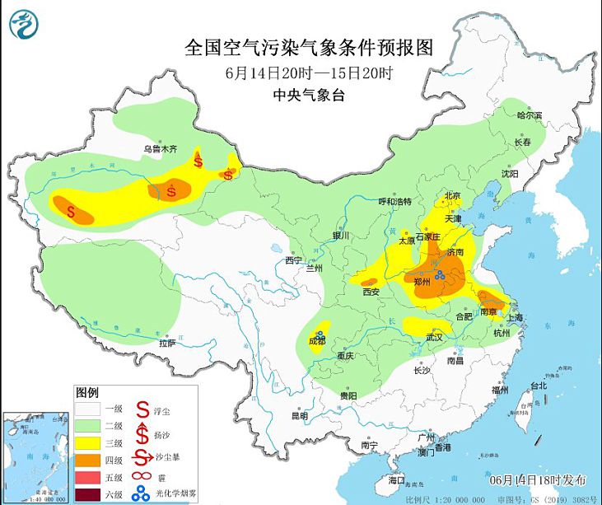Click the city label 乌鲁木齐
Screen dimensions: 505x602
[161, 149]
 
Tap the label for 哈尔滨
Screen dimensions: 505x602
[530, 116]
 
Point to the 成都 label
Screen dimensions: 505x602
[316, 340]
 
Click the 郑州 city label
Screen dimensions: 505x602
[424, 282]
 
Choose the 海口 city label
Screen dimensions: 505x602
[397, 479]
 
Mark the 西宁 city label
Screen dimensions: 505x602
[294, 260]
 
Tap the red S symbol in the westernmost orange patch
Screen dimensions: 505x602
[72, 212]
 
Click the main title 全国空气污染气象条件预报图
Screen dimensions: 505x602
[309, 46]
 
